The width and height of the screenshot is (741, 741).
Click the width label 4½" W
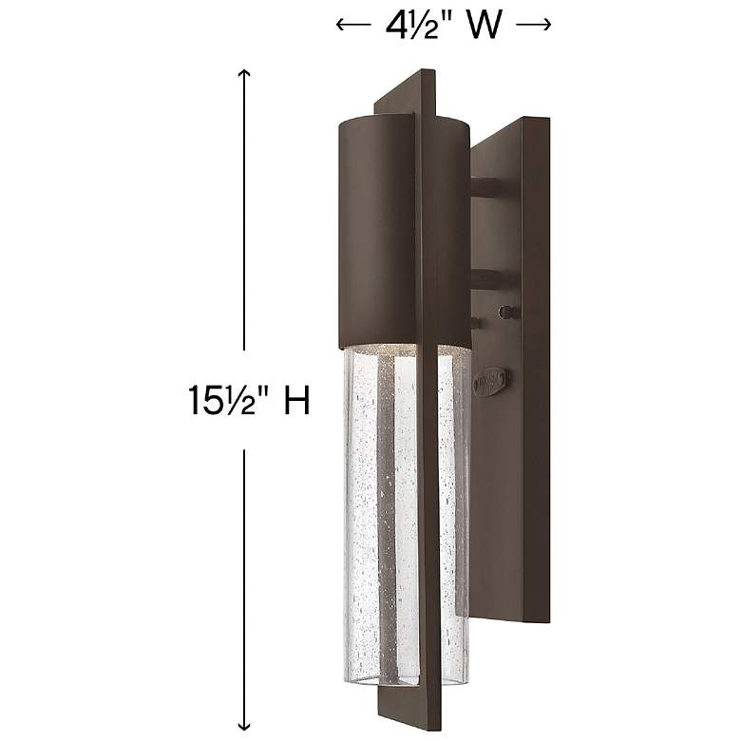[444, 27]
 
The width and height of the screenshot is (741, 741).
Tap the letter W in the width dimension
[484, 27]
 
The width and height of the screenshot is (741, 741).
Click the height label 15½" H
[249, 401]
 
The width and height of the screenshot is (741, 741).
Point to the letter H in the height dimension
[297, 401]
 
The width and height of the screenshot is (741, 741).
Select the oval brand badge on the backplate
[494, 381]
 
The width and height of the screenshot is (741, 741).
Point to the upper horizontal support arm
[494, 187]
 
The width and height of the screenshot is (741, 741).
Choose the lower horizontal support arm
[494, 278]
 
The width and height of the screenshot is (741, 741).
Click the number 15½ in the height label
[218, 401]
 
